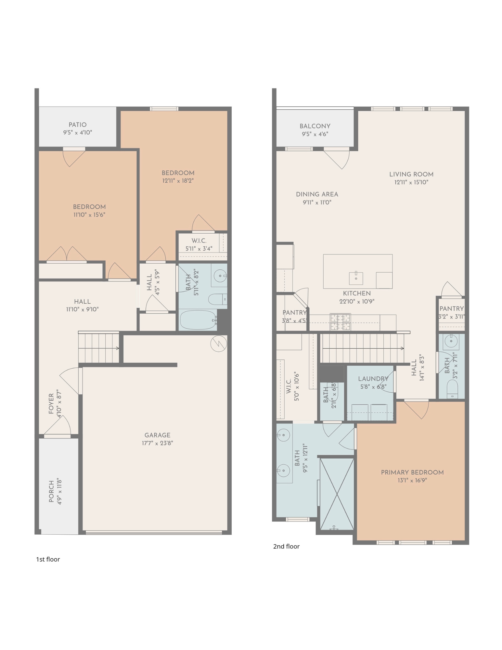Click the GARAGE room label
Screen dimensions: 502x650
157,435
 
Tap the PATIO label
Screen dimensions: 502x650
78,125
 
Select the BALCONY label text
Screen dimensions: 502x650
315,126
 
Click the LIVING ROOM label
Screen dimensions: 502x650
411,175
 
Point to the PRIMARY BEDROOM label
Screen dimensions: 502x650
412,473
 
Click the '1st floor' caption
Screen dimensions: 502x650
48,559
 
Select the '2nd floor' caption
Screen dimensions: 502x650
286,546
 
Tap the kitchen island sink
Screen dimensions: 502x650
356,278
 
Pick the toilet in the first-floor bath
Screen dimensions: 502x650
217,299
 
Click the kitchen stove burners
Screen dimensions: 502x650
340,322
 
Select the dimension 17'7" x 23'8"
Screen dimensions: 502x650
157,443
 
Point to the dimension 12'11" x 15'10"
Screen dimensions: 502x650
411,182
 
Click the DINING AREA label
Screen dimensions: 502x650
317,194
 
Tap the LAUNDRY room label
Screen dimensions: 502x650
373,379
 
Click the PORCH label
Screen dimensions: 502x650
51,491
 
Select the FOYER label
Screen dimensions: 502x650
51,404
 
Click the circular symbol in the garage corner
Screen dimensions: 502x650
219,344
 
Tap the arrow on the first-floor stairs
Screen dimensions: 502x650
99,348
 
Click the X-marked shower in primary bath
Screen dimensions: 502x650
337,494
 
